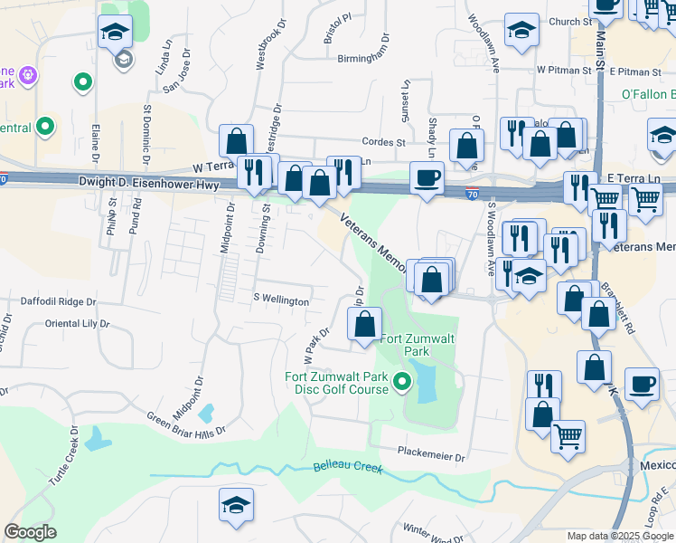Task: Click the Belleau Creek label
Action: (348, 467)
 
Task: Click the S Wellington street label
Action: (281, 300)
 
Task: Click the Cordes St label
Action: (383, 142)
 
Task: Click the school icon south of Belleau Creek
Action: (236, 505)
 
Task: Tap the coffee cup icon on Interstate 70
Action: (427, 178)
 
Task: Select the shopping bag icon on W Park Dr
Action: (365, 325)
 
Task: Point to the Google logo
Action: (31, 532)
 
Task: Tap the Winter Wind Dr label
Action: (432, 534)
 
